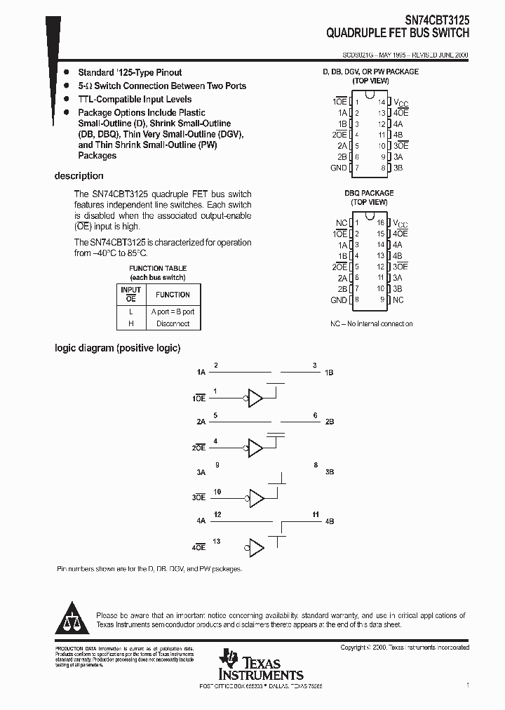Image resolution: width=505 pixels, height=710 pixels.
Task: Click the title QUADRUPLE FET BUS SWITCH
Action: tap(398, 33)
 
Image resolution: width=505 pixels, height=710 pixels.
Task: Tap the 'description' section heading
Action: tap(79, 176)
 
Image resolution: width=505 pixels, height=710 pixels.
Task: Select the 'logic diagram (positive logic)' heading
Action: tap(118, 347)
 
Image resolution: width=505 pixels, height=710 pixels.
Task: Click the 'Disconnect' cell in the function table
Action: tap(173, 323)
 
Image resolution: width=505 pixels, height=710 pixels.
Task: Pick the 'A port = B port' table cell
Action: tap(173, 312)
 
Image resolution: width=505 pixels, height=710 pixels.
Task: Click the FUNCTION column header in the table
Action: tap(173, 295)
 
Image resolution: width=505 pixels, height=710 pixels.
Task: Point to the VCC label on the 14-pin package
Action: tap(400, 102)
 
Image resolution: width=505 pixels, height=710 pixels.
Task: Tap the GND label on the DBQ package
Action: tap(338, 300)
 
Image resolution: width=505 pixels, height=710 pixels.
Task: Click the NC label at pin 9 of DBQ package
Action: tap(398, 300)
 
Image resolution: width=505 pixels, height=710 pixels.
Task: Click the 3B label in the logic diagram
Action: tap(330, 472)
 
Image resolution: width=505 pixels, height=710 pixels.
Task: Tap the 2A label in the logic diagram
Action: tap(201, 422)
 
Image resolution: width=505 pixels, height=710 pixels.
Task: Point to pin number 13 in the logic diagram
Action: tap(217, 541)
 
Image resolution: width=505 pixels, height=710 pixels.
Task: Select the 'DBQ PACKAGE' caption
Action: tap(369, 193)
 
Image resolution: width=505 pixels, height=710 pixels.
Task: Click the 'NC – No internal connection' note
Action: tap(371, 323)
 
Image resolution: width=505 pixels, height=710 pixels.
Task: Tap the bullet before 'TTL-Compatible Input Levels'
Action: tap(67, 100)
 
